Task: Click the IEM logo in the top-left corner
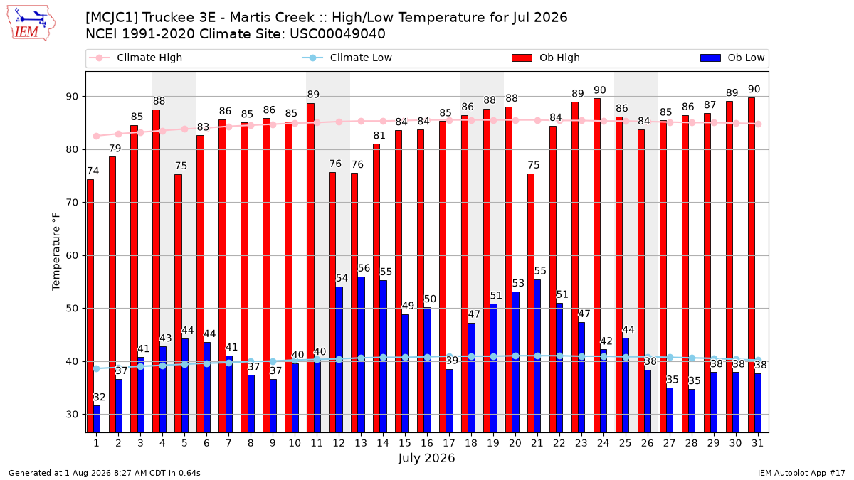point(31,23)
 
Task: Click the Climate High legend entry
point(135,58)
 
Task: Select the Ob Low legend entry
point(732,58)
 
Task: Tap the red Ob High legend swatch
point(522,58)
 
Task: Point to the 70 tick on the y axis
point(72,202)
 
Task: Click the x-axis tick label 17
point(449,443)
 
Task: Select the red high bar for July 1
point(90,306)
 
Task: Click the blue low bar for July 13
point(361,355)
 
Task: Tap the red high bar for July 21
point(531,303)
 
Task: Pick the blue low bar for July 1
point(97,419)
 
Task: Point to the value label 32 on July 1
point(99,397)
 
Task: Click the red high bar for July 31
point(752,265)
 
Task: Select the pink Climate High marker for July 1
point(97,136)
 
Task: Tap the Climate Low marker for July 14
point(383,357)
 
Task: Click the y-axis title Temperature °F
point(56,252)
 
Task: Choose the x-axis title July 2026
point(426,458)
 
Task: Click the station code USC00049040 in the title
point(337,34)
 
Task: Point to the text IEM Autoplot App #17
point(801,473)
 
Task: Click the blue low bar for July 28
point(692,411)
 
